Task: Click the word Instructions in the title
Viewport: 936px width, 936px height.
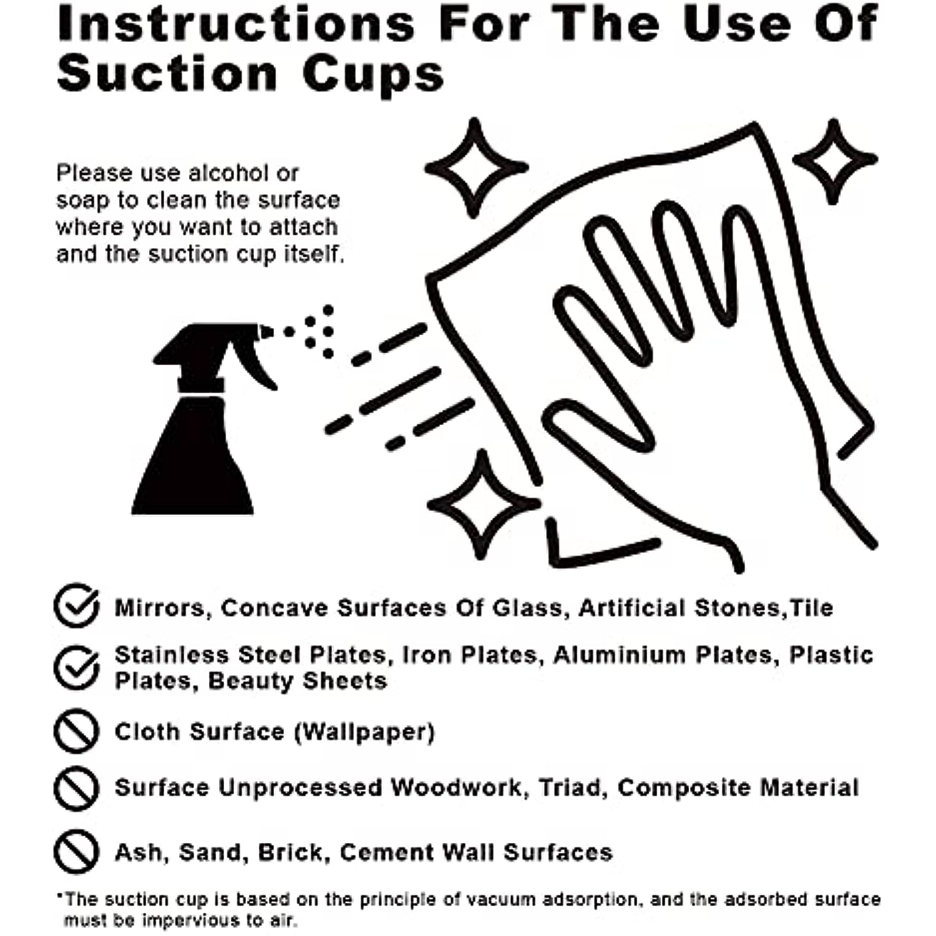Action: click(x=236, y=24)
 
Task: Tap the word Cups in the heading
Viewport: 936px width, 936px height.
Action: click(x=373, y=75)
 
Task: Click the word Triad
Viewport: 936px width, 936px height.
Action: click(x=573, y=788)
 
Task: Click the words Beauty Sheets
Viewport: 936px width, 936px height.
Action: click(x=297, y=681)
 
